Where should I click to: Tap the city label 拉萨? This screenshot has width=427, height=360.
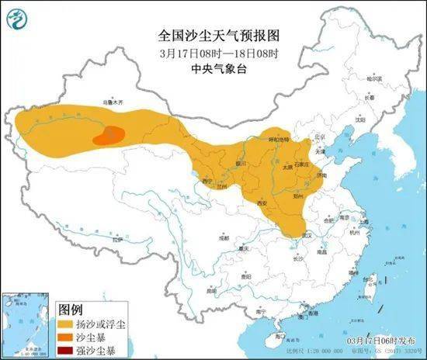point(116,240)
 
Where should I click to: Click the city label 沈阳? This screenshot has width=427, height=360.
point(359,119)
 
